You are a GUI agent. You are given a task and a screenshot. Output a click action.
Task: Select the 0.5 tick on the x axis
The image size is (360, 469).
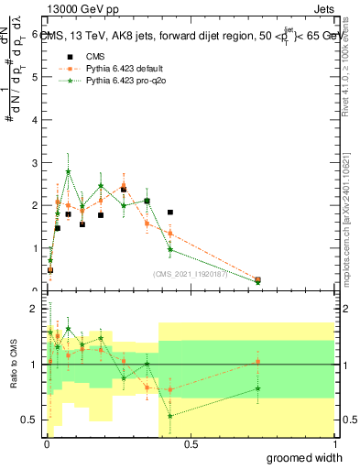pos(191,444)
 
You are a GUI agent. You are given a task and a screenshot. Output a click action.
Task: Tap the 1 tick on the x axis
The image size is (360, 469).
pos(333,444)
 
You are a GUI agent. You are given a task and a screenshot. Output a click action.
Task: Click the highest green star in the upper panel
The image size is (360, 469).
pos(69,171)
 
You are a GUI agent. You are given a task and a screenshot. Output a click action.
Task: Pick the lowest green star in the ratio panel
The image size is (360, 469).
pos(170,416)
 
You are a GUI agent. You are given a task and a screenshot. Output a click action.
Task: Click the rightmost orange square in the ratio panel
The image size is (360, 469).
pos(258,362)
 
